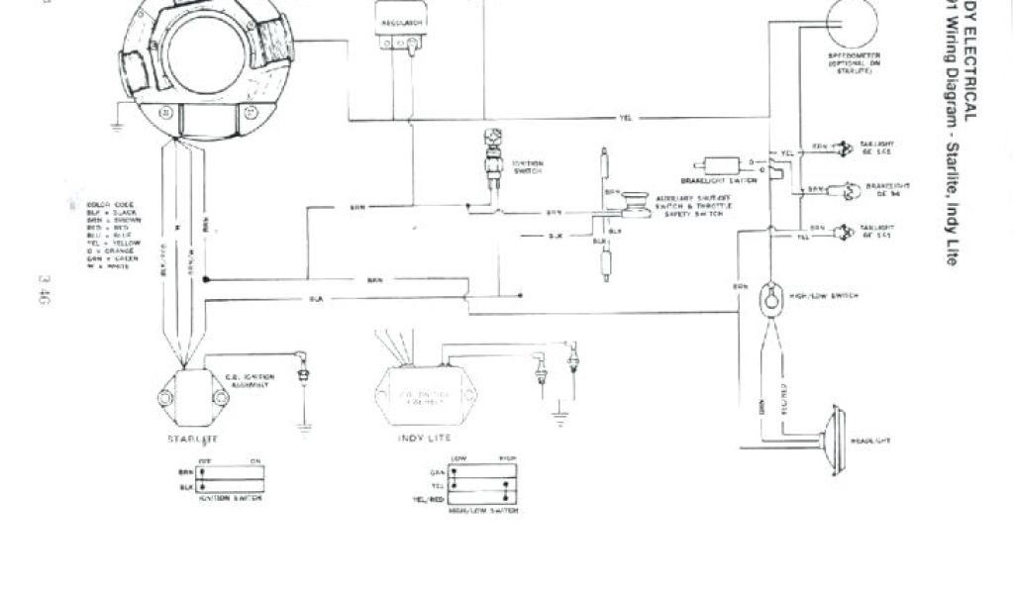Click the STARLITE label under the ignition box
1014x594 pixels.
pyautogui.click(x=193, y=437)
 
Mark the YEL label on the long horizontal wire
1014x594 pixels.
pyautogui.click(x=625, y=119)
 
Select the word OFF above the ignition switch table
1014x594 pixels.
pyautogui.click(x=206, y=459)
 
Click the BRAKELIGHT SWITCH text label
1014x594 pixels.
pyautogui.click(x=712, y=181)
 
